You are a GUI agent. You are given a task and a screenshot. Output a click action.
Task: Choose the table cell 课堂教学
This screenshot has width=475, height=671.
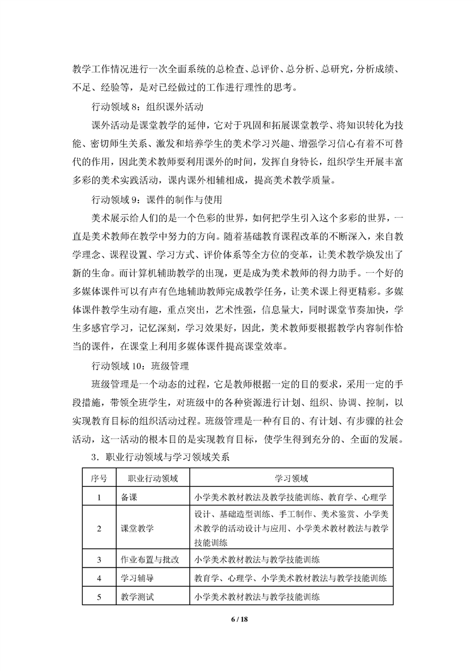click(x=137, y=528)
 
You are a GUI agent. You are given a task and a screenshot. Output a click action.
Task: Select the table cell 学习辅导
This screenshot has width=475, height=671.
click(x=137, y=578)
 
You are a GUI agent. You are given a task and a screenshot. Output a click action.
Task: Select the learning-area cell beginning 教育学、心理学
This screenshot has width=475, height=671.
click(x=291, y=578)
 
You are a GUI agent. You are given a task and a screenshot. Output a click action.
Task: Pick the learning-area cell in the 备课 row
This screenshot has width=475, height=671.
click(x=291, y=496)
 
